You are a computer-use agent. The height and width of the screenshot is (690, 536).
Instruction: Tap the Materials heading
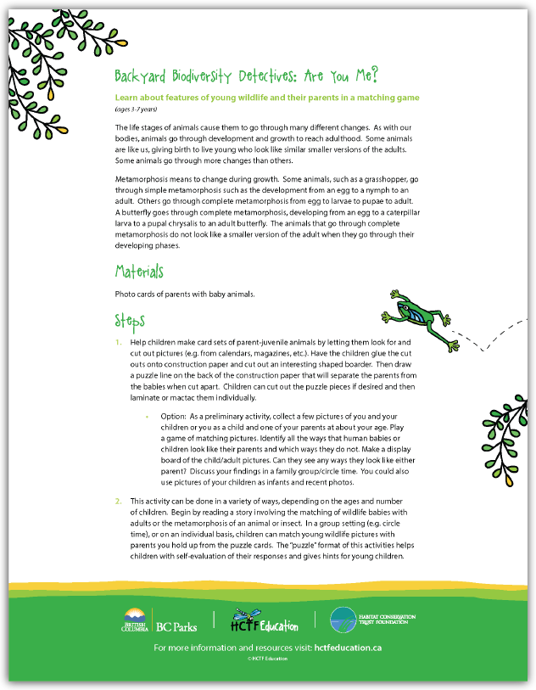coord(139,272)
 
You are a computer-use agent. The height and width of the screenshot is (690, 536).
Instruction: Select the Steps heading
coord(131,321)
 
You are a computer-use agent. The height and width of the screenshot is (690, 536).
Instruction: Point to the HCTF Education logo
coord(265,622)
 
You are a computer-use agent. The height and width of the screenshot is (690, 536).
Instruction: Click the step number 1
coord(119,340)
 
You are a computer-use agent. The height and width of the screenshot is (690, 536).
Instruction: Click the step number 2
coord(119,502)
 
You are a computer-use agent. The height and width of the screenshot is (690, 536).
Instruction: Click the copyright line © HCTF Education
coord(267,659)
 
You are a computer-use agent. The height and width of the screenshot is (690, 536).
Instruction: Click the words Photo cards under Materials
coord(135,295)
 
